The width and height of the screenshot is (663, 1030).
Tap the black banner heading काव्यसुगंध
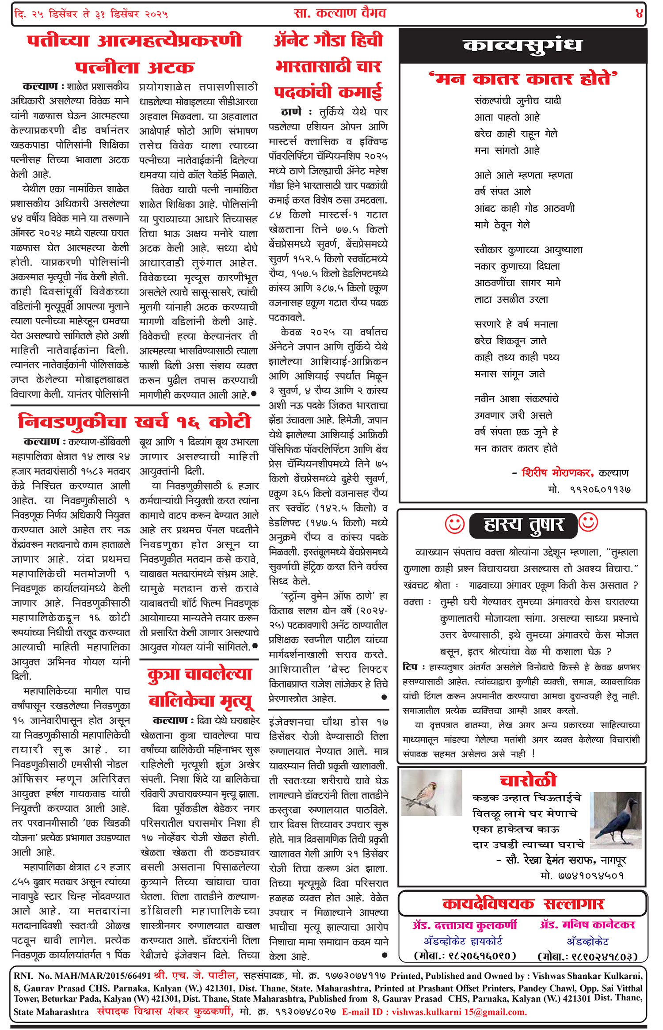pos(522,46)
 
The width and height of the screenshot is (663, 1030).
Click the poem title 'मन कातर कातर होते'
pos(523,79)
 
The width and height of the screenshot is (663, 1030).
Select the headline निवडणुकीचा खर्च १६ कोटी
pos(134,421)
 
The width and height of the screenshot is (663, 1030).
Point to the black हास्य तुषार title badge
pos(523,525)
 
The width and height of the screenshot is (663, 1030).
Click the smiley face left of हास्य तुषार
pos(454,524)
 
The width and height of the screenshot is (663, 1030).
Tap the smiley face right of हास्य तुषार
pos(588,522)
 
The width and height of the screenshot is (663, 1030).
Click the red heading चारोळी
pos(528,781)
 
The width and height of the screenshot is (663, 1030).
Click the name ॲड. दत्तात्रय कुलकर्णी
pos(464,925)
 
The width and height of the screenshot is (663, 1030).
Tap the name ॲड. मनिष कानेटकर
pos(587,925)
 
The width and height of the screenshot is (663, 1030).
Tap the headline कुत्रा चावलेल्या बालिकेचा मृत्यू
pos(200,688)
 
